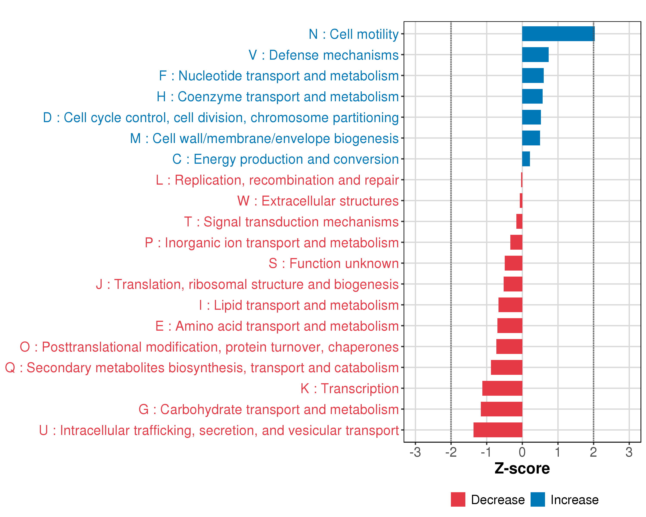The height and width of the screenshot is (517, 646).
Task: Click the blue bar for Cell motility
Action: pos(558,34)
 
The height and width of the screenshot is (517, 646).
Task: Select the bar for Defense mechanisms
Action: pos(535,55)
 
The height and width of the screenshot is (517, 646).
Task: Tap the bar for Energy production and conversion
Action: pos(526,159)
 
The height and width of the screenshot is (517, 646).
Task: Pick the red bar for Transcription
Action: pos(502,388)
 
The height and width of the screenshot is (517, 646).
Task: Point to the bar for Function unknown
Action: pos(513,263)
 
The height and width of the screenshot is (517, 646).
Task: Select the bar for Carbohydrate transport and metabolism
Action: pos(501,409)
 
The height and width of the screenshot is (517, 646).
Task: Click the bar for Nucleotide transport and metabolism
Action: pos(533,76)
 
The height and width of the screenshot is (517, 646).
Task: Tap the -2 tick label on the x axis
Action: pos(451,452)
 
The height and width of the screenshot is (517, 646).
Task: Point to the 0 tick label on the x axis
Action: pos(522,452)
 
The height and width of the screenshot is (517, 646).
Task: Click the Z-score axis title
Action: pos(522,469)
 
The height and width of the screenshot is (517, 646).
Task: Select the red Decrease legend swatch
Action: pos(458,500)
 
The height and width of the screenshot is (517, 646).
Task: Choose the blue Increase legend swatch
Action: pos(537,500)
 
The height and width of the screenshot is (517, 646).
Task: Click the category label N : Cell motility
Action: pos(354,34)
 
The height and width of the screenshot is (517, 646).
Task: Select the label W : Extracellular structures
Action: pos(318,201)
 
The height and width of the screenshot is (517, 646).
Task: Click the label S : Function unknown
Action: pos(334,263)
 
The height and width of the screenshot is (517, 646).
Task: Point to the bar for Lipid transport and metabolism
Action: pos(510,305)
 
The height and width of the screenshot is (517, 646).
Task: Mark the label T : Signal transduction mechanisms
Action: pos(291,222)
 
